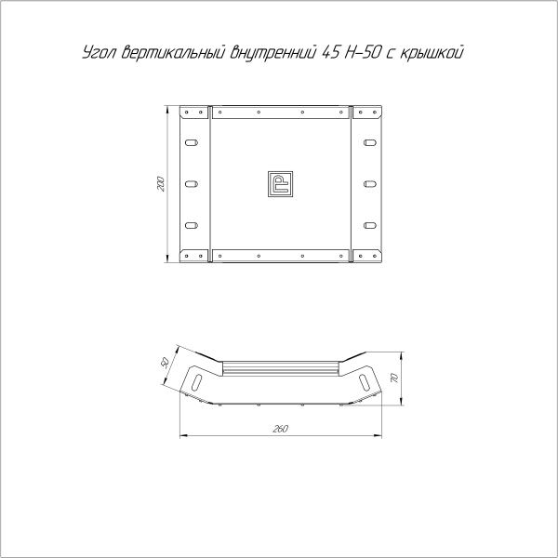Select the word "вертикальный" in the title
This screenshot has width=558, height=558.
[x=167, y=53]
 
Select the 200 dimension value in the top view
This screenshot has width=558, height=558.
[x=160, y=183]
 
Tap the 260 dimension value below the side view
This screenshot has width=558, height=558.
[x=281, y=428]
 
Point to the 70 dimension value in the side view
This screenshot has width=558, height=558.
[x=394, y=379]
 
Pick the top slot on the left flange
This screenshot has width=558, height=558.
[x=191, y=144]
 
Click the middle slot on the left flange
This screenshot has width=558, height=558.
[x=191, y=184]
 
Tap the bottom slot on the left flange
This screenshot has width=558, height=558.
[x=191, y=224]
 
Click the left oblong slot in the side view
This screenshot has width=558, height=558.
[x=197, y=379]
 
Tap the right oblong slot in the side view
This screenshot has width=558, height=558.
[x=364, y=379]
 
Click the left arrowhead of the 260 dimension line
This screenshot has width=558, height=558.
[x=182, y=433]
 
